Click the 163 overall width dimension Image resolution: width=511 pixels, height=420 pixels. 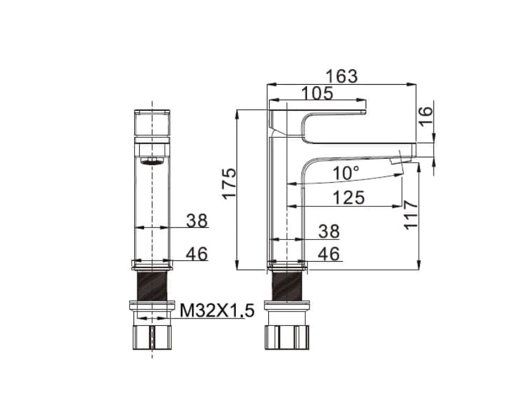coord(342,77)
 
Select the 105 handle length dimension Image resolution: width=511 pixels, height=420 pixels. coord(317,93)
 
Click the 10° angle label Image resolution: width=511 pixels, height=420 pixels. coord(346,173)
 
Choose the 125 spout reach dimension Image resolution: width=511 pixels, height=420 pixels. coord(348,198)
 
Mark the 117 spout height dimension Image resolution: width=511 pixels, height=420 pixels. coord(411,215)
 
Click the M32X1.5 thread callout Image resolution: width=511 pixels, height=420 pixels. coord(217,310)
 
